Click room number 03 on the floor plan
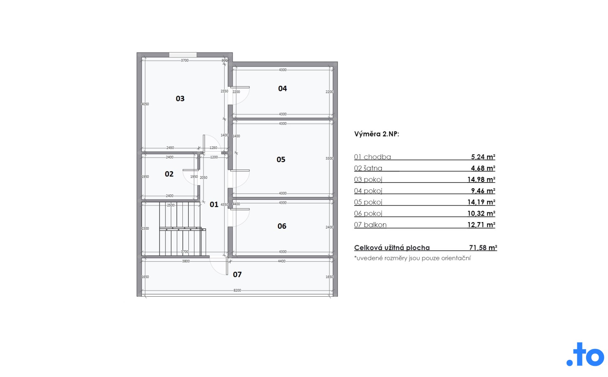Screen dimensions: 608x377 click(180, 99)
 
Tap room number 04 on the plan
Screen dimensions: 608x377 click(282, 88)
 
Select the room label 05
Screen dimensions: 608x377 click(281, 159)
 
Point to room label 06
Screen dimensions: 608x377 click(282, 226)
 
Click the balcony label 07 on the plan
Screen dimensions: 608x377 click(237, 274)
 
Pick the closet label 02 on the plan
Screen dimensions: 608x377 click(169, 174)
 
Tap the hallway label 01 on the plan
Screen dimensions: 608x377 click(214, 204)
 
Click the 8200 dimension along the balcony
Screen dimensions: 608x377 click(237, 290)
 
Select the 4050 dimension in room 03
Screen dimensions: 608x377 click(145, 104)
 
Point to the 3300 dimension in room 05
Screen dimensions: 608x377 click(329, 158)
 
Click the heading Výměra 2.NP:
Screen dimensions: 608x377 click(377, 134)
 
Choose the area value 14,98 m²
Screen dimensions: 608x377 click(481, 179)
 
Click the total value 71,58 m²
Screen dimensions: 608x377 click(483, 247)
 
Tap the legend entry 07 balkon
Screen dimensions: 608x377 click(370, 225)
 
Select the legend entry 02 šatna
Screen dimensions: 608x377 click(368, 168)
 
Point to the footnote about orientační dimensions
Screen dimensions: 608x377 click(412, 258)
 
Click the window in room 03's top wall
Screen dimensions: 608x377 click(183, 55)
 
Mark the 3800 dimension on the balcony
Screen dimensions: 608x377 click(186, 261)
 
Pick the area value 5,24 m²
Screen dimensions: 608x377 click(483, 157)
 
